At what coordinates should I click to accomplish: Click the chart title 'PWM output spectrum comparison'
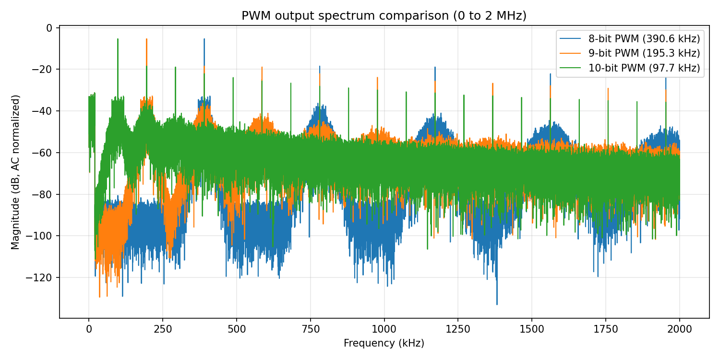(384, 16)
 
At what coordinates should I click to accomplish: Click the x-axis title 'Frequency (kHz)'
(384, 343)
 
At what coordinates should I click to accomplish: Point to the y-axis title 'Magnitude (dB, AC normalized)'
(16, 172)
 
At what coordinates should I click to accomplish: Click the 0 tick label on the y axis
(49, 28)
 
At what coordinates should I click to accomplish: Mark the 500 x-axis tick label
(237, 329)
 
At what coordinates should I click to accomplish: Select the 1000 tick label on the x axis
(384, 329)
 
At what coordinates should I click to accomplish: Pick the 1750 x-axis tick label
(606, 329)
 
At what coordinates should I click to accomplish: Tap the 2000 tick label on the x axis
(680, 329)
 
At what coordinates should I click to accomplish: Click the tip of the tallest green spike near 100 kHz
(118, 39)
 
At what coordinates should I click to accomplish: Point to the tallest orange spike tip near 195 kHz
(146, 39)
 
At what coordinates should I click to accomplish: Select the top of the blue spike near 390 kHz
(204, 39)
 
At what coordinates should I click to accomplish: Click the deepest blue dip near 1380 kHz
(497, 304)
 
